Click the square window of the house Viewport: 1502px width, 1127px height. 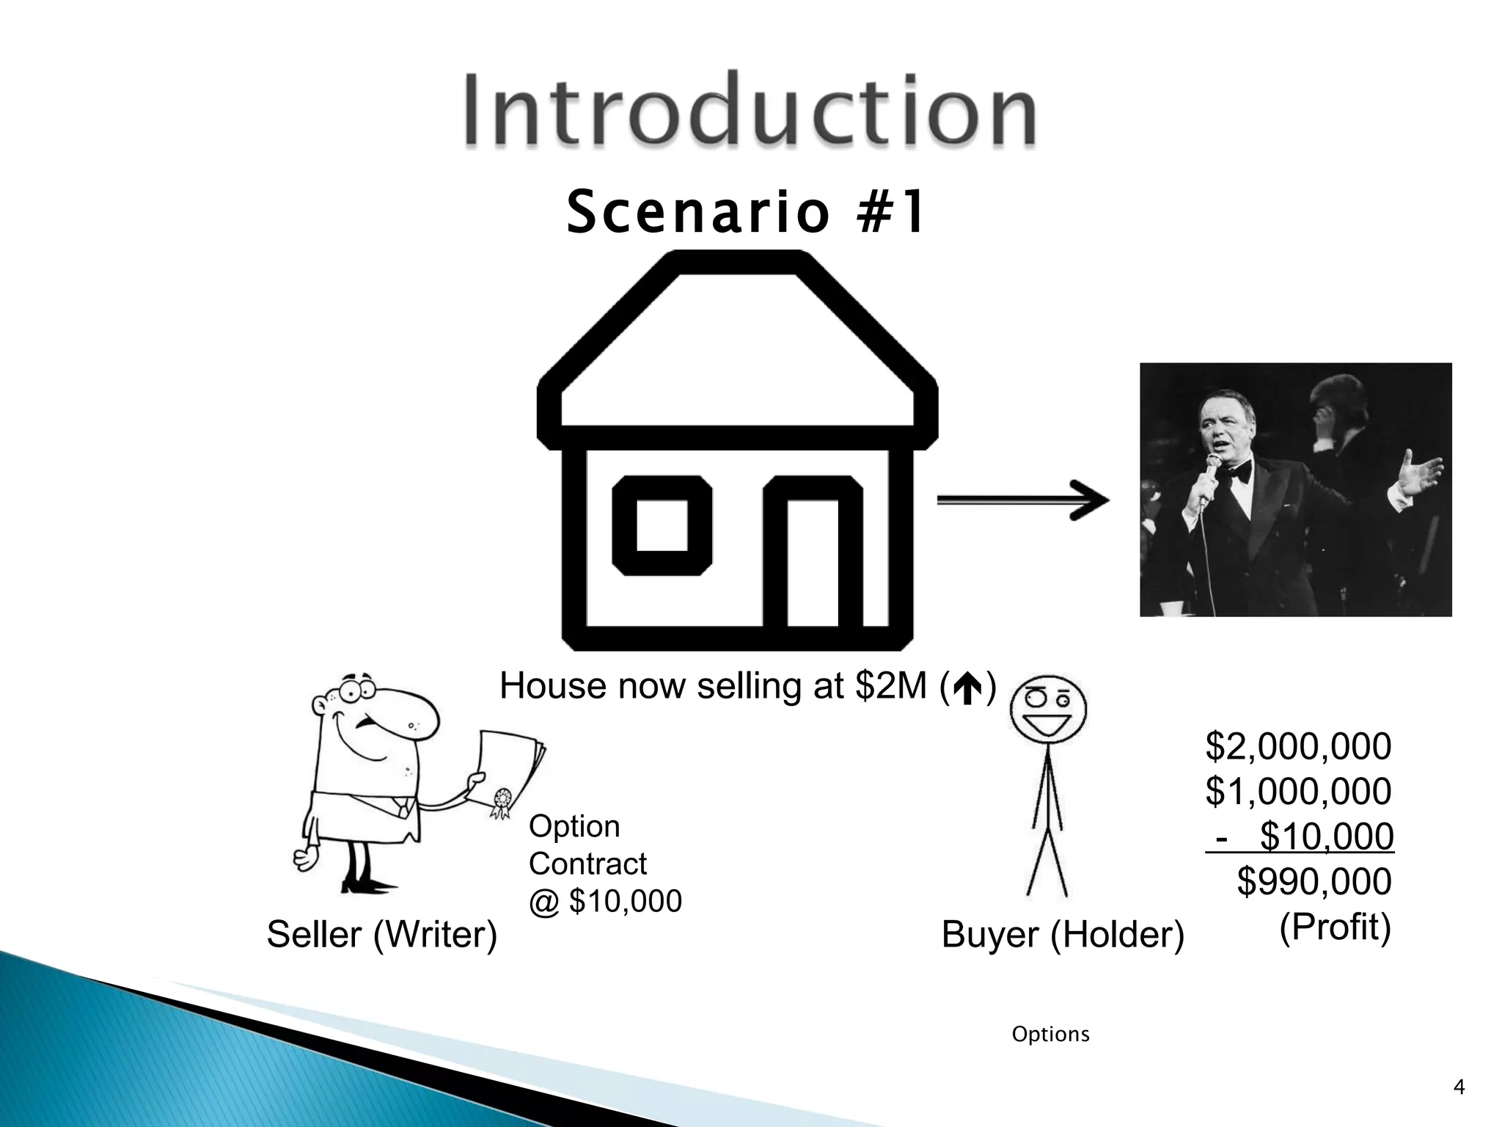click(x=662, y=525)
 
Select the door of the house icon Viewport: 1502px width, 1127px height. click(x=813, y=561)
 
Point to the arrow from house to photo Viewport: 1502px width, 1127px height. click(x=1022, y=500)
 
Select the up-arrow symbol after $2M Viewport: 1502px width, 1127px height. click(x=968, y=688)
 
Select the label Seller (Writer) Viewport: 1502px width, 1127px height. click(x=381, y=935)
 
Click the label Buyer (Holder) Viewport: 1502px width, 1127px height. click(x=1062, y=935)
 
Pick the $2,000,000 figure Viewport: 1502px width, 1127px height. click(x=1298, y=747)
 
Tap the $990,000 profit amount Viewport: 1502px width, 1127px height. click(x=1314, y=882)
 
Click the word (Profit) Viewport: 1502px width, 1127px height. click(x=1335, y=927)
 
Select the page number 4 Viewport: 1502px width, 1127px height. click(x=1459, y=1087)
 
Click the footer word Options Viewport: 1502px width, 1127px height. click(x=1050, y=1034)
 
